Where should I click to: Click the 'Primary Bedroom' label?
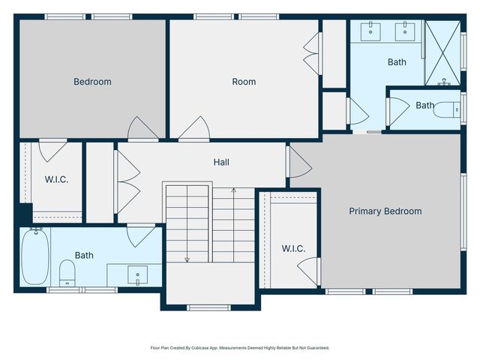[385, 211]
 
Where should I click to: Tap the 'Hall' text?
[221, 162]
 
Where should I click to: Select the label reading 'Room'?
[244, 82]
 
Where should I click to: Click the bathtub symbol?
[34, 256]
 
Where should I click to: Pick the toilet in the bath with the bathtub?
[67, 271]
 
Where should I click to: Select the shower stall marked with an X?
[442, 52]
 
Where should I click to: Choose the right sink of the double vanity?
[406, 31]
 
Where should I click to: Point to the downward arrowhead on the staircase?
[187, 259]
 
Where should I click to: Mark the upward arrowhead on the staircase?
[233, 190]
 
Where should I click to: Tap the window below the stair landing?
[209, 307]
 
